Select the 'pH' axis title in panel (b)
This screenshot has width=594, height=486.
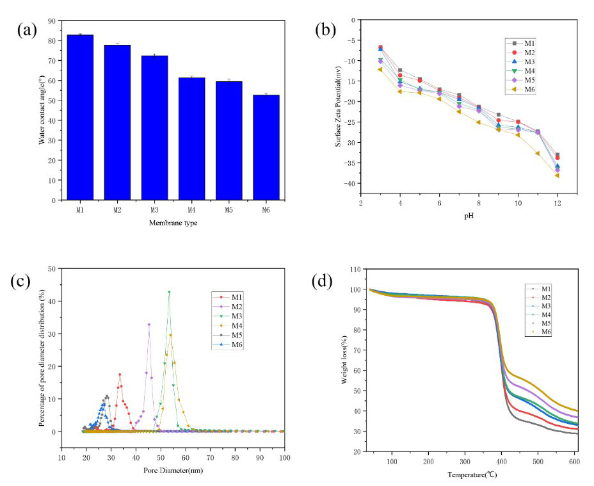click(x=468, y=216)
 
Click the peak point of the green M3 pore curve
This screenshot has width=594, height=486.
click(x=169, y=292)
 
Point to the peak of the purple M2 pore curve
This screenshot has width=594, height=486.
click(x=149, y=325)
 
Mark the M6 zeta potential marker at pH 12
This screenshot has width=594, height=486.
click(x=558, y=175)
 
